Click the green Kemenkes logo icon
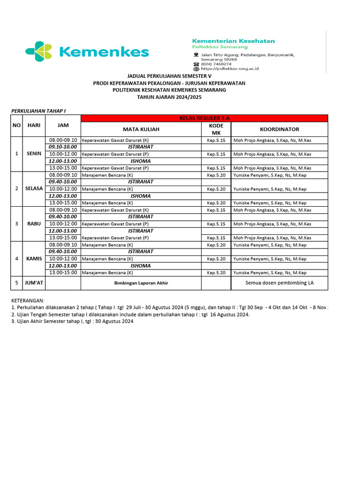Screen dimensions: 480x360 (x=38, y=52)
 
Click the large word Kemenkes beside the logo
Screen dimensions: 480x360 (x=104, y=52)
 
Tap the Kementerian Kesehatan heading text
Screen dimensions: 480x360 (x=233, y=41)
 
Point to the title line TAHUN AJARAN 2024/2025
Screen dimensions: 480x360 (x=169, y=97)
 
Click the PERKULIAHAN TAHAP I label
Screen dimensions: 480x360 (x=38, y=111)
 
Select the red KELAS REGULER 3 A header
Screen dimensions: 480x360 (x=204, y=118)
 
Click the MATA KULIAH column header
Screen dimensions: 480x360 (x=141, y=129)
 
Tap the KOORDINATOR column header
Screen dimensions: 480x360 (x=279, y=129)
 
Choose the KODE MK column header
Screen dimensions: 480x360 (x=216, y=129)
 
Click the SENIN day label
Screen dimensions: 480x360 (x=34, y=154)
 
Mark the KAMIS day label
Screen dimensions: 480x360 (x=34, y=258)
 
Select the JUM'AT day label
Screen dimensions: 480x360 (x=34, y=283)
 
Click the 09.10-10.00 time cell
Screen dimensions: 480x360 (x=63, y=147)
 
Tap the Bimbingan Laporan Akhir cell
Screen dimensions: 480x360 (x=141, y=283)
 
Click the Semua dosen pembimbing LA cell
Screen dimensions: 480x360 (x=279, y=283)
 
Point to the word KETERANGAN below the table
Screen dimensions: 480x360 (x=28, y=300)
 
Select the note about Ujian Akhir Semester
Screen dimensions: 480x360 (x=73, y=322)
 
